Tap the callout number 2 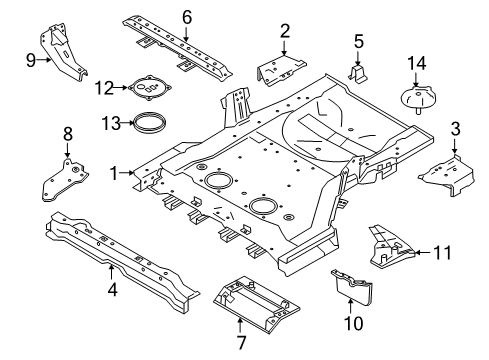pos(285,31)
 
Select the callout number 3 pos(455,128)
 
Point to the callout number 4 pos(112,290)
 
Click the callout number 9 pos(31,58)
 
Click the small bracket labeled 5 pos(358,75)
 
